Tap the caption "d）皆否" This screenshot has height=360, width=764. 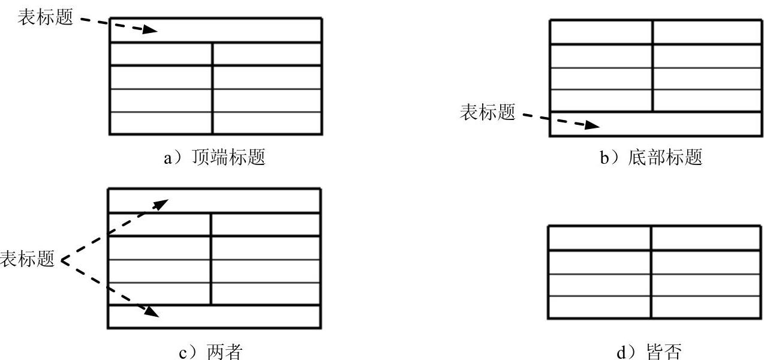[x=651, y=352]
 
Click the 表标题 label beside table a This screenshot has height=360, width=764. [x=45, y=18]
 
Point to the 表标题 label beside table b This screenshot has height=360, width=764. [x=487, y=112]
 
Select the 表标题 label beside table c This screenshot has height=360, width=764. [x=27, y=260]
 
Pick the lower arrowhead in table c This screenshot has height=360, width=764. [x=153, y=311]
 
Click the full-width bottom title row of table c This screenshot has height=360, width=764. [x=240, y=317]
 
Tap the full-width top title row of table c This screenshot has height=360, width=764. [x=240, y=200]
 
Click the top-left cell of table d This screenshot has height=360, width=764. [x=599, y=238]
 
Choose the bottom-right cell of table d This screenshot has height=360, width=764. [x=705, y=307]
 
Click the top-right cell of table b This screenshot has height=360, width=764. [x=706, y=32]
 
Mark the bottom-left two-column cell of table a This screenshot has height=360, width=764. [x=161, y=123]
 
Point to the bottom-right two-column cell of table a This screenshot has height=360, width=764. [x=267, y=123]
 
